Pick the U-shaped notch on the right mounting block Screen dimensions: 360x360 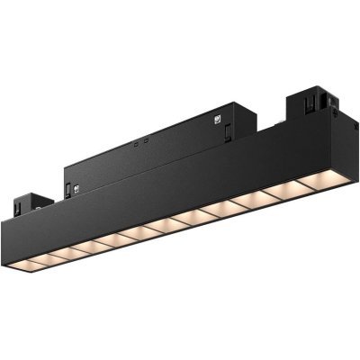pos(315,101)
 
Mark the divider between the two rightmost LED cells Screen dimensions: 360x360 pos(315,185)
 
